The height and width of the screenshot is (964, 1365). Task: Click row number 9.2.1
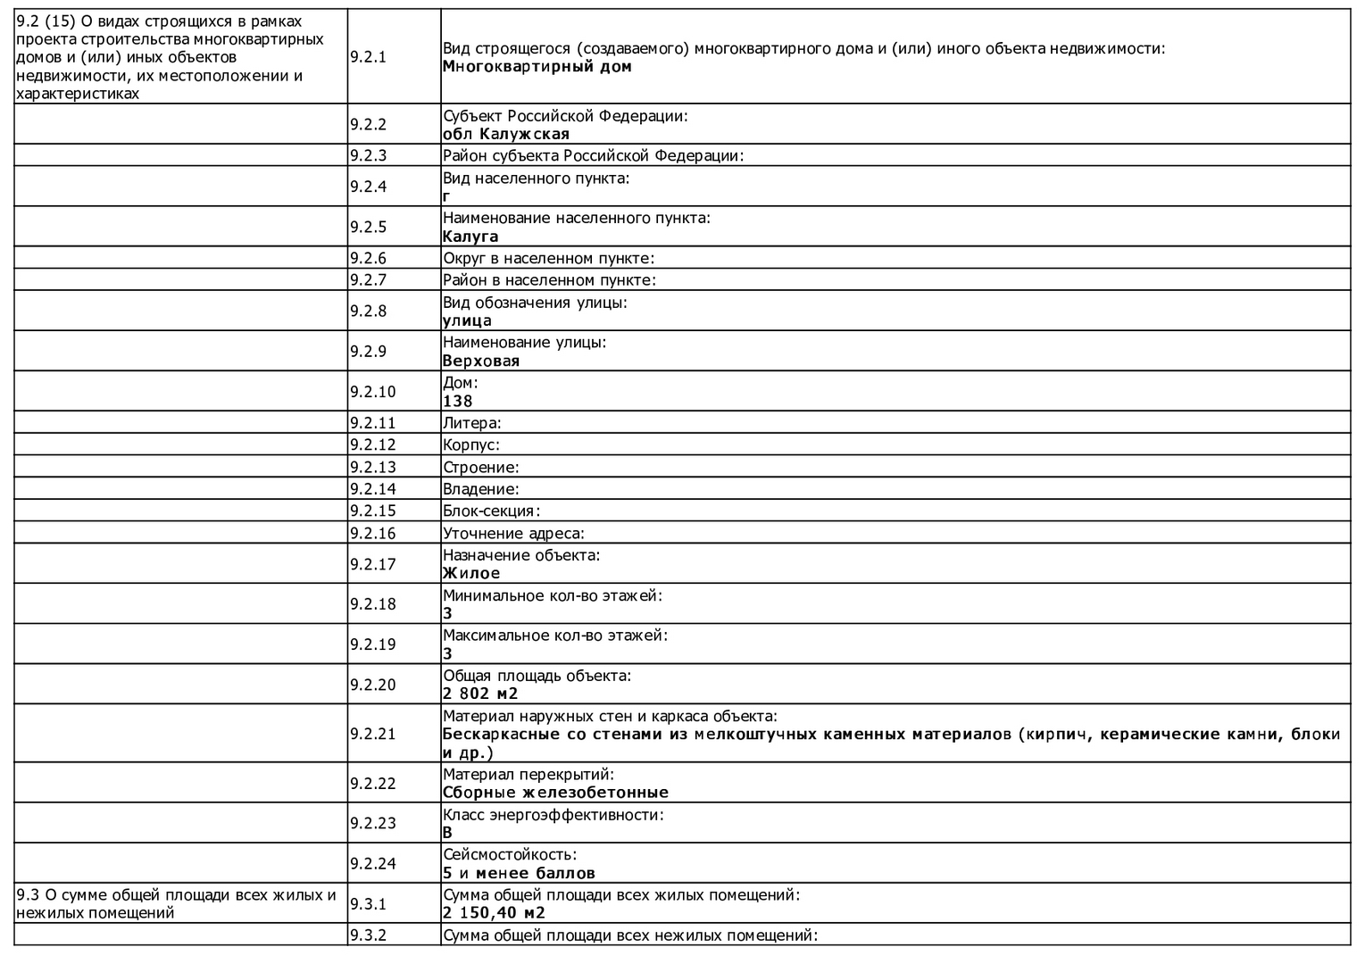pyautogui.click(x=368, y=57)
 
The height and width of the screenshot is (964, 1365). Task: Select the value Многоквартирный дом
pyautogui.click(x=537, y=67)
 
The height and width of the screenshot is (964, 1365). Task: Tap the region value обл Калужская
pyautogui.click(x=505, y=135)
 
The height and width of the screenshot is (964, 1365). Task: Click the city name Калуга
pyautogui.click(x=470, y=237)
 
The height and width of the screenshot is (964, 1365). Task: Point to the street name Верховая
pyautogui.click(x=481, y=361)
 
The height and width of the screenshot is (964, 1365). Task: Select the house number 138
pyautogui.click(x=458, y=402)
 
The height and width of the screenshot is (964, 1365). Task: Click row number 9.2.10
pyautogui.click(x=372, y=392)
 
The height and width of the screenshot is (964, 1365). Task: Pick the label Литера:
pyautogui.click(x=472, y=423)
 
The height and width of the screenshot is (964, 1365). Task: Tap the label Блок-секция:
pyautogui.click(x=491, y=511)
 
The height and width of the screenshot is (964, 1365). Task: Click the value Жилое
pyautogui.click(x=471, y=573)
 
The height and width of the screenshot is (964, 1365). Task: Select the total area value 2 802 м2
pyautogui.click(x=480, y=694)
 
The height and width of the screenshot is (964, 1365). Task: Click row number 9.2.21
pyautogui.click(x=372, y=734)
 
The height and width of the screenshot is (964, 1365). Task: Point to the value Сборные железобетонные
pyautogui.click(x=555, y=793)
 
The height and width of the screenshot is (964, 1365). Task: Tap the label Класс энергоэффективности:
pyautogui.click(x=553, y=815)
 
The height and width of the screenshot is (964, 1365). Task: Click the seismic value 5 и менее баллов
pyautogui.click(x=519, y=873)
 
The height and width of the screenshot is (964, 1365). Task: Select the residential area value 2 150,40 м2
pyautogui.click(x=494, y=913)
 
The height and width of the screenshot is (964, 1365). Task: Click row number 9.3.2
pyautogui.click(x=368, y=935)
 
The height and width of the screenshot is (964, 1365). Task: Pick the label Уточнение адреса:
pyautogui.click(x=513, y=534)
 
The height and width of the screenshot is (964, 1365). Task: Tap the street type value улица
pyautogui.click(x=467, y=321)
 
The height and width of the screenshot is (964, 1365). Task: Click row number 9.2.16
pyautogui.click(x=372, y=534)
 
